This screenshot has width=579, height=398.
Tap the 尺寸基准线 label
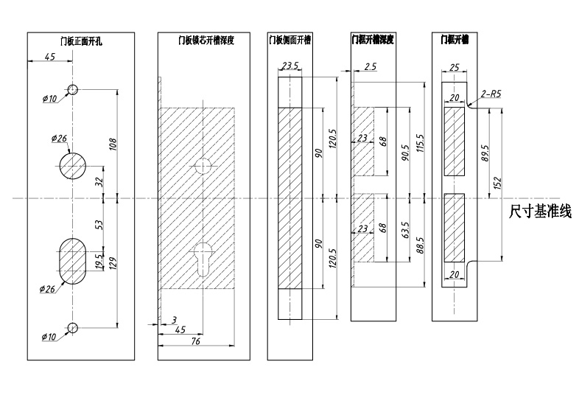tap(540, 212)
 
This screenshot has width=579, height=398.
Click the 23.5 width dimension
tap(289, 66)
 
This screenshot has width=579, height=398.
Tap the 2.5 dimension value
tap(371, 66)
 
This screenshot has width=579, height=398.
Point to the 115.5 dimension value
tap(420, 142)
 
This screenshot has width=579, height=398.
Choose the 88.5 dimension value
tap(420, 245)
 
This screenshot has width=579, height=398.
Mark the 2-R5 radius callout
tap(491, 94)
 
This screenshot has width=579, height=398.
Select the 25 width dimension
tap(454, 68)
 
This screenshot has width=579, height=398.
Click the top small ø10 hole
tap(73, 89)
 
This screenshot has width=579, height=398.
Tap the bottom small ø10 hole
tap(73, 327)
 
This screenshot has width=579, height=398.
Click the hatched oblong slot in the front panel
tap(73, 260)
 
